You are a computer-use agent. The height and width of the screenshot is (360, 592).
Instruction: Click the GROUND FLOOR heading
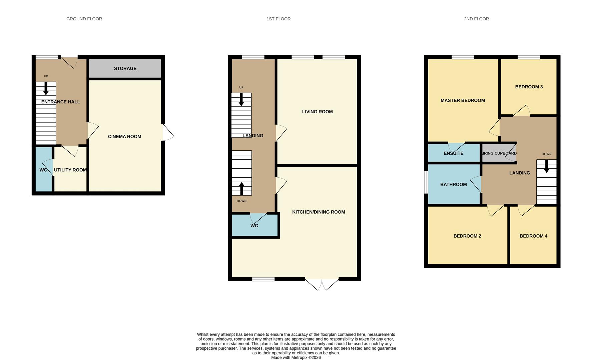[84, 19]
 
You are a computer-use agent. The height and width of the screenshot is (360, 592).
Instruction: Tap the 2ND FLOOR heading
[476, 19]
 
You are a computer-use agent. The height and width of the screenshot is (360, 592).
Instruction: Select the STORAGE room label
[125, 68]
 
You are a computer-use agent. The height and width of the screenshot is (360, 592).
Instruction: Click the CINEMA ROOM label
[124, 136]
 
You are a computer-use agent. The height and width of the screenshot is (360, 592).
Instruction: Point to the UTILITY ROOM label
[70, 170]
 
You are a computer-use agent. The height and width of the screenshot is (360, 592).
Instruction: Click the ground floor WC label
[43, 170]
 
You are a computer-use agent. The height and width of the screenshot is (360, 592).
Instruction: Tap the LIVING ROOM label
[317, 112]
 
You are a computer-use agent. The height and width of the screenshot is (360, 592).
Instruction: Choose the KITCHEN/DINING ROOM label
[319, 212]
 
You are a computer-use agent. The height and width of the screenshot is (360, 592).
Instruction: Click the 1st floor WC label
[254, 226]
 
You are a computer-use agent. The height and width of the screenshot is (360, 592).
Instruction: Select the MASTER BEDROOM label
[463, 100]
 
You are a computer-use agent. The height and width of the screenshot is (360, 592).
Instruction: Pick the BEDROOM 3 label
[529, 87]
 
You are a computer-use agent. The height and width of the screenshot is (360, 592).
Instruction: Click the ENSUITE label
[454, 153]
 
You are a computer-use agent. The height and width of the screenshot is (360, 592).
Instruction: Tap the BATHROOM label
[453, 184]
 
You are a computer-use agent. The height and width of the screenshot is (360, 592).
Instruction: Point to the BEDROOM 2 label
[467, 236]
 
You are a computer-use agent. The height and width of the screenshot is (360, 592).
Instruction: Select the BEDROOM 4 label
[533, 236]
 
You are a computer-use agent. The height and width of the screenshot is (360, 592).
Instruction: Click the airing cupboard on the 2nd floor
[499, 153]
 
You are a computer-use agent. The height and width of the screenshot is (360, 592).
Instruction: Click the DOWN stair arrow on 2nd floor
[547, 166]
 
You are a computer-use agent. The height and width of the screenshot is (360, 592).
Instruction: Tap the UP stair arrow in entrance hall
[46, 88]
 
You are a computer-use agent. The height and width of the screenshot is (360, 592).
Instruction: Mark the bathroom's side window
[426, 182]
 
